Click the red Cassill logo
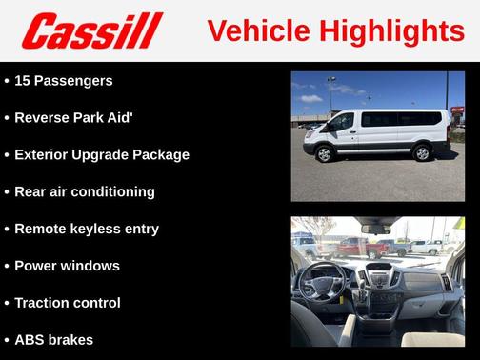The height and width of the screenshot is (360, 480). point(93,30)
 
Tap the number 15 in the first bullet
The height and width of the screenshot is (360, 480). point(23,81)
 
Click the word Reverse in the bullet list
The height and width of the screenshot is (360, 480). point(45,118)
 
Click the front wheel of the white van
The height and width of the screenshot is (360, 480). point(324,151)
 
